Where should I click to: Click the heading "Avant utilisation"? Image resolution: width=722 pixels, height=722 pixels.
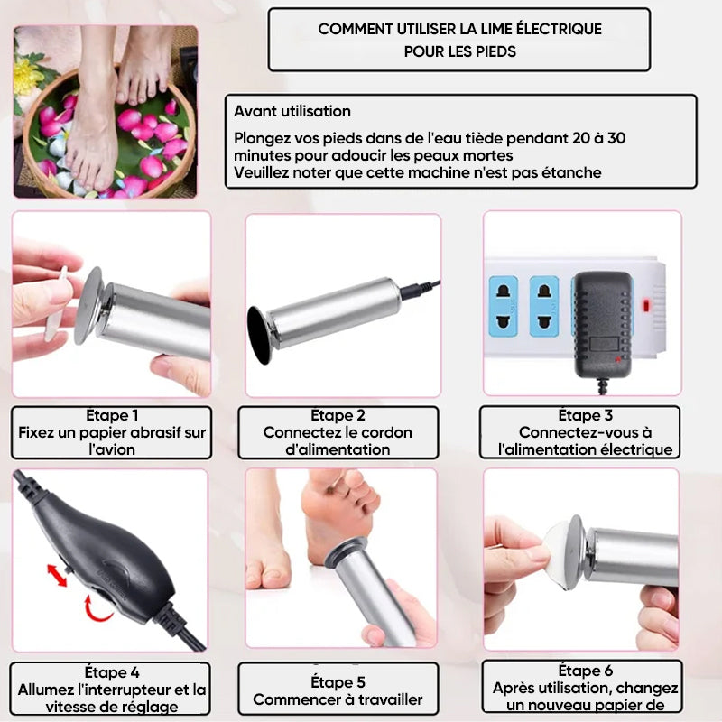point(292,111)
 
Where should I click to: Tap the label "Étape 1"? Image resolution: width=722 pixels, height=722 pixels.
point(112,416)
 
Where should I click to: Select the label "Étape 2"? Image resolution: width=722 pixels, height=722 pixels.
point(338,416)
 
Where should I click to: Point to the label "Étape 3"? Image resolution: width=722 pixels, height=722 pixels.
point(579,415)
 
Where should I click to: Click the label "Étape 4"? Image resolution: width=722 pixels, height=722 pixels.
point(112,672)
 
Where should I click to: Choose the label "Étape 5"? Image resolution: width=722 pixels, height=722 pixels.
point(338,682)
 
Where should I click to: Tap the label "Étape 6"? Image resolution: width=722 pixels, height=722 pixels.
point(579,671)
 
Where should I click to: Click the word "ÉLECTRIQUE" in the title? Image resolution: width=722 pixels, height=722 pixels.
point(553,29)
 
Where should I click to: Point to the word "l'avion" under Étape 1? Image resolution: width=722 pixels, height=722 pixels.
point(112,449)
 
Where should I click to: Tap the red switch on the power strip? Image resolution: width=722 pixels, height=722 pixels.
point(646,305)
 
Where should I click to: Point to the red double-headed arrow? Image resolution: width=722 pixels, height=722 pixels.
point(56,575)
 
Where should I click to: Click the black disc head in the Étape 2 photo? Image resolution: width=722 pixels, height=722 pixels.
point(258,335)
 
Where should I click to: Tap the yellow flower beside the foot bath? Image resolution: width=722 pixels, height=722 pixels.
point(26,77)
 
